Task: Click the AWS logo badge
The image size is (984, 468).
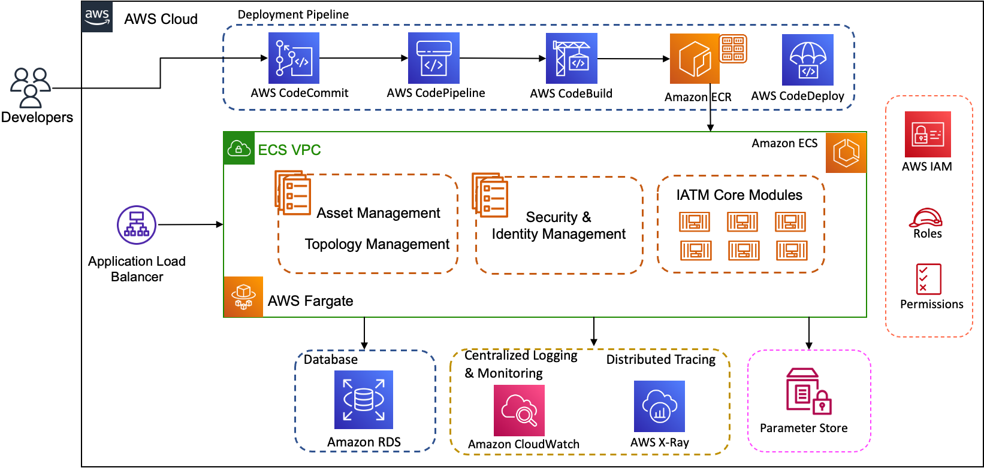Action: click(x=97, y=16)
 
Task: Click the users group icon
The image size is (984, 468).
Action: click(x=31, y=88)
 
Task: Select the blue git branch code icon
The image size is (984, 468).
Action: click(x=294, y=58)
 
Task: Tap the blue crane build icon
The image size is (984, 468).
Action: click(x=571, y=58)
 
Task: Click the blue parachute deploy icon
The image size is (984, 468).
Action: click(x=807, y=60)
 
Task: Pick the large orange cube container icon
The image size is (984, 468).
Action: click(x=695, y=59)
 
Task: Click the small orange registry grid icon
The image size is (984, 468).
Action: click(x=733, y=48)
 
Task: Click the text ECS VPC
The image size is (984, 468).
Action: click(x=289, y=150)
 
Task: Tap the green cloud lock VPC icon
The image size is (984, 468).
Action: click(x=239, y=148)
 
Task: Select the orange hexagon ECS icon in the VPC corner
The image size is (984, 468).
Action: click(x=846, y=153)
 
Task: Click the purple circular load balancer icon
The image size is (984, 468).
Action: click(x=137, y=225)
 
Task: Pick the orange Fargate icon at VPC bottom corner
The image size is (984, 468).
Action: click(x=243, y=296)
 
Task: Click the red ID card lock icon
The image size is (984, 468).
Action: click(x=928, y=135)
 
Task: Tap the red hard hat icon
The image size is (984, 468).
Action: click(x=926, y=218)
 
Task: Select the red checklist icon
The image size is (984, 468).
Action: click(x=929, y=279)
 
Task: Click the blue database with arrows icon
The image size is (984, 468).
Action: click(x=364, y=400)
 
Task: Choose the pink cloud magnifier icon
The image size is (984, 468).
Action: click(x=519, y=411)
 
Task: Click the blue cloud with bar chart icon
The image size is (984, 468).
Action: click(x=659, y=406)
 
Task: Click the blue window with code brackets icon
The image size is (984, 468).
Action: click(x=434, y=58)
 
